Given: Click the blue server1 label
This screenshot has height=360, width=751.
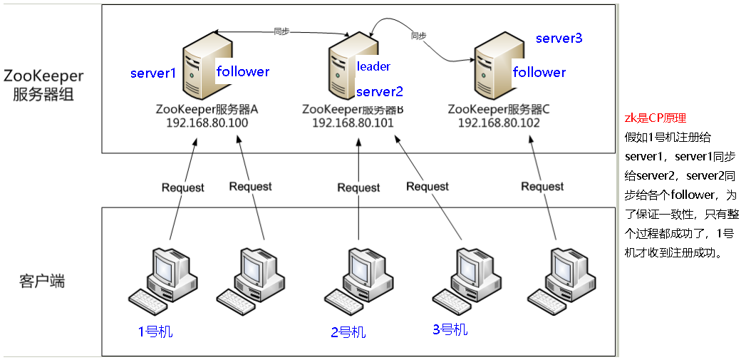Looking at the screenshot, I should [152, 73].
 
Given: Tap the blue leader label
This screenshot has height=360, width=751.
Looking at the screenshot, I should [373, 66].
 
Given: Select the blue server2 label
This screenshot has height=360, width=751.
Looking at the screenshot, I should [380, 91].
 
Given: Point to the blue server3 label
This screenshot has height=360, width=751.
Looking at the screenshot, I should [559, 38].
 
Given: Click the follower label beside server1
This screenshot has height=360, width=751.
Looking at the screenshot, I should [243, 71].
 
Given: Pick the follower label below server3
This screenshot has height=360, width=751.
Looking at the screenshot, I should [539, 72].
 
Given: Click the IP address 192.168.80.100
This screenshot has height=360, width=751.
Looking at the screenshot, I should [207, 123].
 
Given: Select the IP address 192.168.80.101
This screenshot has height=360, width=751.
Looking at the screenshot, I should [353, 123].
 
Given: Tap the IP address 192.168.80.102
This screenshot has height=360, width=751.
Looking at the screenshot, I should [499, 123].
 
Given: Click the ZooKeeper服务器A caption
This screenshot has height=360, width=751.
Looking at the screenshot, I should [207, 109].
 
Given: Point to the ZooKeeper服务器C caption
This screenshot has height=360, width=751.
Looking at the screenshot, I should [499, 109].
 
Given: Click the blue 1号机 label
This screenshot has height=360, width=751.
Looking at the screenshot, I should [155, 331].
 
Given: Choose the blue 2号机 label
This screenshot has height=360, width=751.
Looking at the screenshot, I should [348, 331].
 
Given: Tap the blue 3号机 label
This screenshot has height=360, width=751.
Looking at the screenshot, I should [450, 329].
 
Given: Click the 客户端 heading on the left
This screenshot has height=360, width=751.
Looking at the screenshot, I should [41, 281].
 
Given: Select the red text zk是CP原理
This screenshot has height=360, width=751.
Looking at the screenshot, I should [655, 118].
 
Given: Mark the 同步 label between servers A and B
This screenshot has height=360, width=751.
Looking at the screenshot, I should [281, 31].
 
